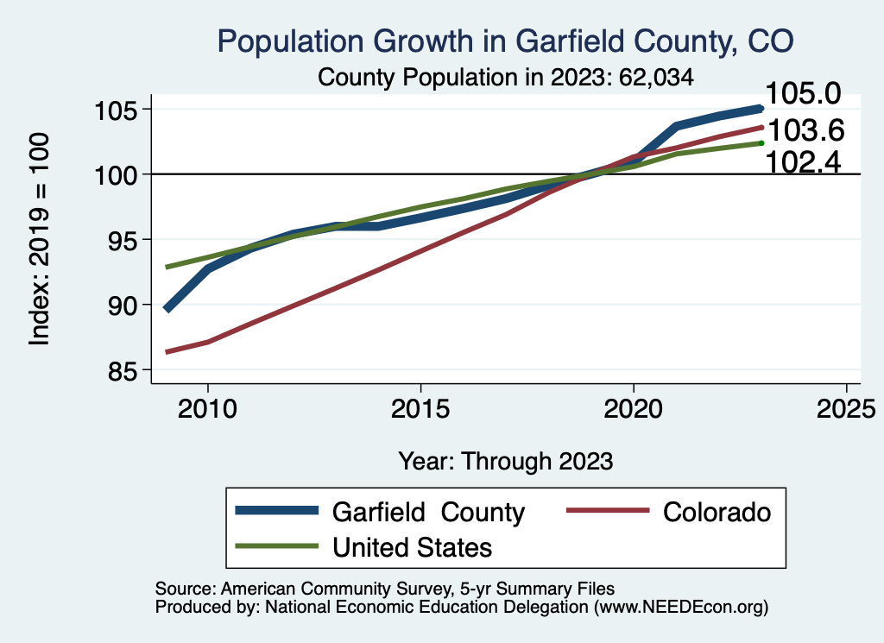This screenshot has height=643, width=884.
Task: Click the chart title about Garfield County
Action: coord(505,41)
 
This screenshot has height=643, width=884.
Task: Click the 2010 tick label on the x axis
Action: coord(208,407)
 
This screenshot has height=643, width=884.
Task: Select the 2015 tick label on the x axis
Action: coord(420,407)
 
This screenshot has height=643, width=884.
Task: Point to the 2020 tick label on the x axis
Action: coord(634,407)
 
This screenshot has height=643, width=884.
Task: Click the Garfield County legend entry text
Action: coord(427,512)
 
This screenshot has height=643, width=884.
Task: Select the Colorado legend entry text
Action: coord(717,512)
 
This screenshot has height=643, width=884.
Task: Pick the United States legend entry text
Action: coord(412,546)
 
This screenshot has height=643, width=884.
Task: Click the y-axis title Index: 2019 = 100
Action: coord(39,240)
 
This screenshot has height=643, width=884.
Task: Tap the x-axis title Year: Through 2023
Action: coord(505,461)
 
